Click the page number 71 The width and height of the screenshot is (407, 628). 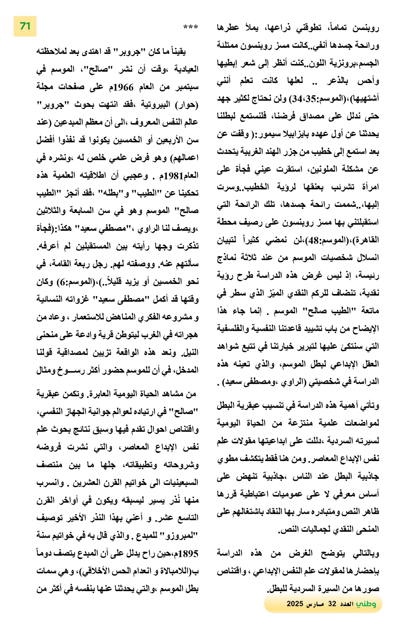pos(25,26)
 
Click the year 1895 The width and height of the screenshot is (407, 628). pos(187,554)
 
